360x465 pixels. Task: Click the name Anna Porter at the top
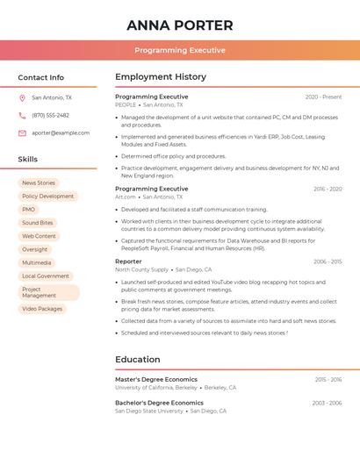click(x=180, y=25)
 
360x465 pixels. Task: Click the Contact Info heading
click(x=41, y=77)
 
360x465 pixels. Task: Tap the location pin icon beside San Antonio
click(x=22, y=98)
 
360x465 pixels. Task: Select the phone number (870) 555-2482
click(x=50, y=115)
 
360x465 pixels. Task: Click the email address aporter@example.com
click(x=61, y=132)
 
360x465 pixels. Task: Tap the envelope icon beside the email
click(x=22, y=132)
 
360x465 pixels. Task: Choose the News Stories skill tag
click(x=39, y=183)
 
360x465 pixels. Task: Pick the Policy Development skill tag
click(x=47, y=197)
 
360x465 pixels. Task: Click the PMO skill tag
click(x=29, y=210)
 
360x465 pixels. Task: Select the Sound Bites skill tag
click(x=38, y=223)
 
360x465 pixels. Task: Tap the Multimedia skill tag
click(x=37, y=262)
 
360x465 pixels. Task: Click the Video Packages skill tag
click(x=42, y=309)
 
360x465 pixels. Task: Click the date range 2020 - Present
click(x=323, y=97)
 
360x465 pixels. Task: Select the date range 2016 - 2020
click(x=327, y=190)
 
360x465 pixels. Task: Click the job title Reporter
click(x=128, y=261)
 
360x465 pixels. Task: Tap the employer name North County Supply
click(x=141, y=270)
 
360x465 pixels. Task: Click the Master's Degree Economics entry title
click(x=156, y=380)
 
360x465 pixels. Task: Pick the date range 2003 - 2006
click(x=327, y=403)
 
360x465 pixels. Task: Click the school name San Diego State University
click(x=149, y=411)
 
